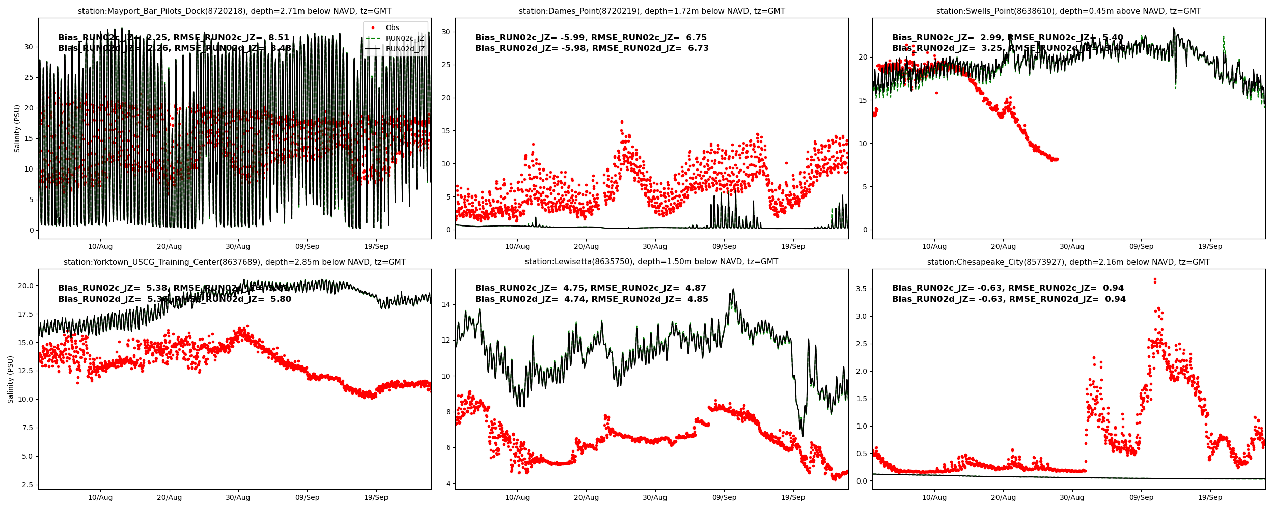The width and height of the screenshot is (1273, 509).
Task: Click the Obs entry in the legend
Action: [x=392, y=27]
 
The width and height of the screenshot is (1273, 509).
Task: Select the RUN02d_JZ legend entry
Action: [x=405, y=49]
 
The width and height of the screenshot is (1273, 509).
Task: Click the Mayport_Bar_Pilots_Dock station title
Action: [x=234, y=11]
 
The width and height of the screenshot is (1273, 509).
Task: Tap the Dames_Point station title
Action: [x=652, y=11]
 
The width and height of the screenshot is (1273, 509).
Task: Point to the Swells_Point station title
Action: [x=1068, y=11]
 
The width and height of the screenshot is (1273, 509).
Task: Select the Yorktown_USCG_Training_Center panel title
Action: [x=234, y=262]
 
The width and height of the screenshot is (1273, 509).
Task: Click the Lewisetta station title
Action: [x=651, y=262]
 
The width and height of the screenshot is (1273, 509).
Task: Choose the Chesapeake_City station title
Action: [x=1068, y=262]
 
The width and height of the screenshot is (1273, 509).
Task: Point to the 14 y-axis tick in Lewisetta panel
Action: [x=446, y=305]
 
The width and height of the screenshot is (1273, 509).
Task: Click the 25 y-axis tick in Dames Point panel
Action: [x=446, y=65]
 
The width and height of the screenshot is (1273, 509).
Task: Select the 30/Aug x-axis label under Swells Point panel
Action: [x=1072, y=246]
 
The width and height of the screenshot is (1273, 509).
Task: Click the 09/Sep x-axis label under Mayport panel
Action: [x=307, y=246]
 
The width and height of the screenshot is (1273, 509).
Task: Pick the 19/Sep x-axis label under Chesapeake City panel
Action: [x=1210, y=497]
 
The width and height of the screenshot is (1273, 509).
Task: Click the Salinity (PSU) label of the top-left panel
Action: [x=17, y=128]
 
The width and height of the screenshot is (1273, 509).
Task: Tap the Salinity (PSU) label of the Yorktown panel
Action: [x=11, y=379]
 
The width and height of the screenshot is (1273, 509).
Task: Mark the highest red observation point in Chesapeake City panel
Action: [x=1155, y=279]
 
